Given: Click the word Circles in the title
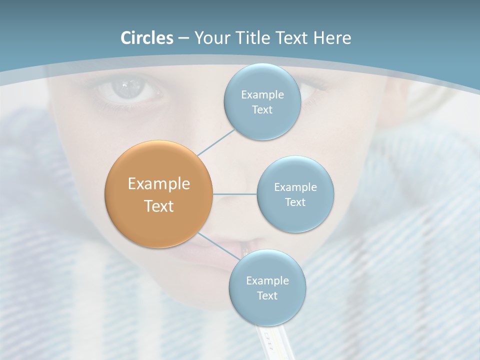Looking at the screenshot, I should point(147,38).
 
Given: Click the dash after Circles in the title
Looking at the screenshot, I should point(183,38).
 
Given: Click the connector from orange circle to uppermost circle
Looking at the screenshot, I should point(216,142).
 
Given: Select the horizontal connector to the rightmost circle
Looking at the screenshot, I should point(234,193).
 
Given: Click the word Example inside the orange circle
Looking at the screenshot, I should point(159,184).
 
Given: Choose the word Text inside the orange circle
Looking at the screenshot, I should point(159,206).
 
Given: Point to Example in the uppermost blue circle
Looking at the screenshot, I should point(262,94).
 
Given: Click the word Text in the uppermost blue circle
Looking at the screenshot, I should point(262,110).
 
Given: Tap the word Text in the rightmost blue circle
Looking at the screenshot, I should point(295,202).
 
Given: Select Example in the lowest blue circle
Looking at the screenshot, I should point(267,280).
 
